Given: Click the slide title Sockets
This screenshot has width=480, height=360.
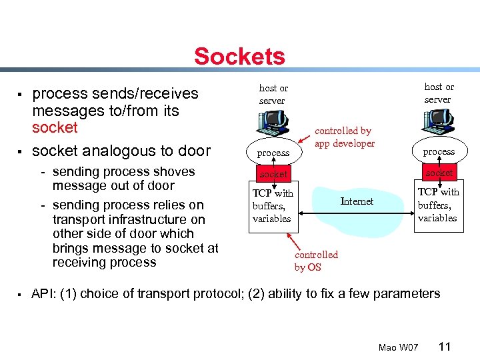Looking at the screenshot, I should [239, 57].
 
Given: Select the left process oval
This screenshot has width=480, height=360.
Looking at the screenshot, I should [273, 153].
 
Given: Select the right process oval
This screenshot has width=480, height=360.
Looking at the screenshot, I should [439, 151].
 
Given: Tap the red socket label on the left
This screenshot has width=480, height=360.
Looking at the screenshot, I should [273, 174].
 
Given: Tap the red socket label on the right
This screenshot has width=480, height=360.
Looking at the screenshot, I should [439, 173].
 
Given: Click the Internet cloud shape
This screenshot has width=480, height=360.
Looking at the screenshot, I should [357, 203].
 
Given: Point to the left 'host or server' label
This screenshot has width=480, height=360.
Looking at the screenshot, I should [273, 94].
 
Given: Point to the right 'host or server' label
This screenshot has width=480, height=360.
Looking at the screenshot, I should [439, 93].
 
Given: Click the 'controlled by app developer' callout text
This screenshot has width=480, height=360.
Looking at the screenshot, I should [345, 137].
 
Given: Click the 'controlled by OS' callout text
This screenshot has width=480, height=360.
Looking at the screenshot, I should [316, 261].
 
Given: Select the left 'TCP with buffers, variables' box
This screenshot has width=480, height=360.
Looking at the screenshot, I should [273, 206].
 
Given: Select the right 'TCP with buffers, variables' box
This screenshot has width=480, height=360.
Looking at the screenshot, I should [438, 205].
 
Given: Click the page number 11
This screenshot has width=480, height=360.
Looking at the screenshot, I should [445, 347].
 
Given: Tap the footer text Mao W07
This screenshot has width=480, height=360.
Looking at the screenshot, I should [398, 348].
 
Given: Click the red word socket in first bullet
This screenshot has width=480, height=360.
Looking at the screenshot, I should [55, 127].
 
